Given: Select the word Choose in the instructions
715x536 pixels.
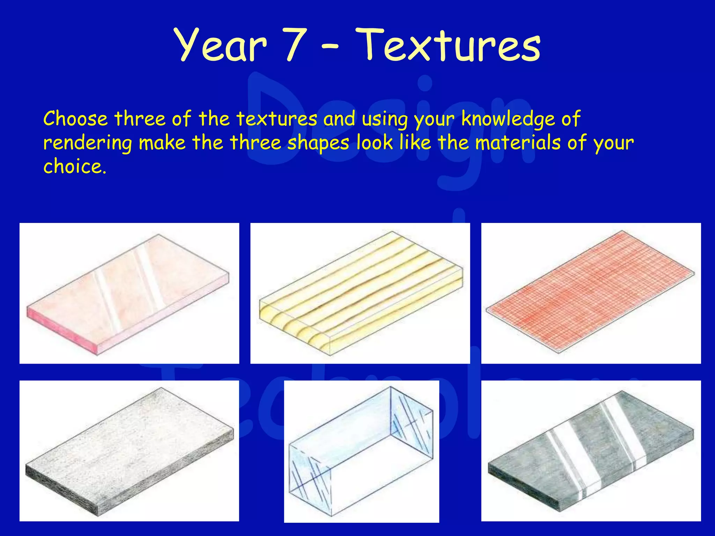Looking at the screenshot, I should click(75, 119).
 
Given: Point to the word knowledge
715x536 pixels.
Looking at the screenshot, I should click(508, 119).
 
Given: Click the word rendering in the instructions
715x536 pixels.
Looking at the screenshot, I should click(88, 143).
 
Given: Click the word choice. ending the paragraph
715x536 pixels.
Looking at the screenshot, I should click(74, 166).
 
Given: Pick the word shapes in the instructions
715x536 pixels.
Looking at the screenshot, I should click(318, 143).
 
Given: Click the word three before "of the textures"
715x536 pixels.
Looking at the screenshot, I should click(140, 119).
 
